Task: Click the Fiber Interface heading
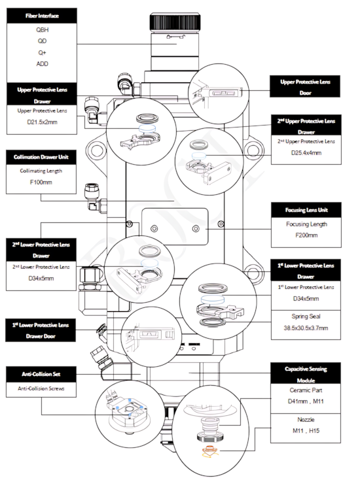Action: [x=42, y=16]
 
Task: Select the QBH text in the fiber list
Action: [x=42, y=29]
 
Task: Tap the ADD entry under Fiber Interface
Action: [x=42, y=63]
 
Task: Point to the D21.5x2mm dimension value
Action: [x=42, y=122]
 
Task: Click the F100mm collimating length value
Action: [x=41, y=182]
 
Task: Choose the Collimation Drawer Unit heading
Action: [x=41, y=157]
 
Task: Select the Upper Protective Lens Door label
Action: [x=305, y=87]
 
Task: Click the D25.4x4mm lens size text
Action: [x=306, y=153]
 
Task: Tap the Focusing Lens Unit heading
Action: [x=306, y=210]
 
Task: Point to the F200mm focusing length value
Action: [x=306, y=235]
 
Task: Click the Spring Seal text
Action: [x=306, y=316]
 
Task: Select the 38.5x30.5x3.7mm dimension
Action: [x=306, y=328]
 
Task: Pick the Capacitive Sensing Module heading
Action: [x=306, y=374]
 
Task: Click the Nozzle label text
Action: [x=306, y=419]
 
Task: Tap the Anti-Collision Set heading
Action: [x=41, y=374]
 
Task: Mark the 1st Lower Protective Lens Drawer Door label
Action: [x=41, y=330]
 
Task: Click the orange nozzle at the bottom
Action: [x=209, y=451]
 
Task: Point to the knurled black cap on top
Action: [x=175, y=23]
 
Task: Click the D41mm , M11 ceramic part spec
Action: [x=306, y=401]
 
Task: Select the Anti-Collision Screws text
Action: [x=41, y=388]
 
